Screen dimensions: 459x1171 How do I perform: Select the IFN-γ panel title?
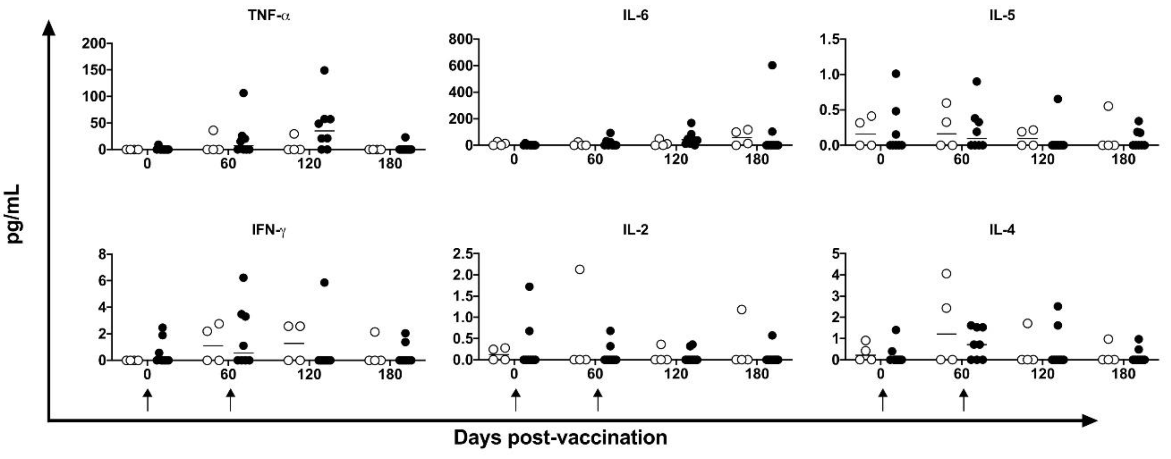(269, 231)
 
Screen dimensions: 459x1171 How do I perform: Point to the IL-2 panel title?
(635, 230)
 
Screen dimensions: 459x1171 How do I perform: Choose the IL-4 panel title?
(1002, 230)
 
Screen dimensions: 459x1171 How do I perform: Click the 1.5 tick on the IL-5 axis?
(829, 40)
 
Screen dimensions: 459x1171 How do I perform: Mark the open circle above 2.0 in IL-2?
(580, 269)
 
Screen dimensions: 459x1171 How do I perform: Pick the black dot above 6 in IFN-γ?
(243, 278)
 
